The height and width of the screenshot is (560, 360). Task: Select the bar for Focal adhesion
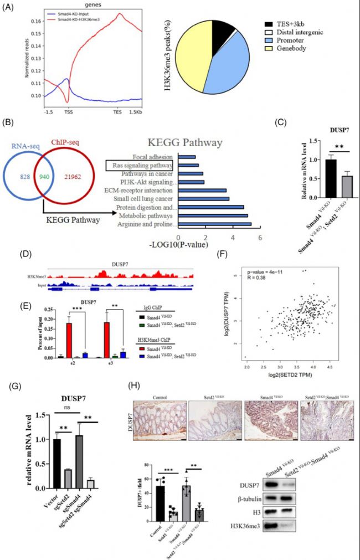pyautogui.click(x=187, y=157)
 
